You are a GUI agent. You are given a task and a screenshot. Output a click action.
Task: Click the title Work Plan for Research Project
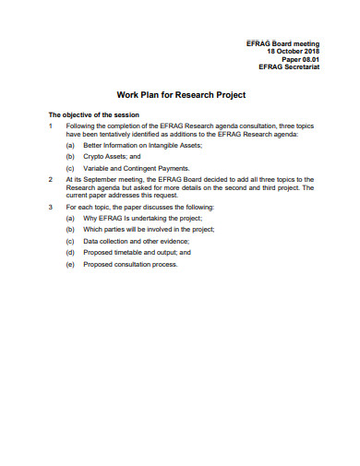click(180, 95)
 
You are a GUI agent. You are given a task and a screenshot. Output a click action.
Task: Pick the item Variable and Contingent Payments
click(137, 168)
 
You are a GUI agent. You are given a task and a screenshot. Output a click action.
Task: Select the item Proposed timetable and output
click(135, 252)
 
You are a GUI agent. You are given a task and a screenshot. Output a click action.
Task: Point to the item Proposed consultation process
click(129, 264)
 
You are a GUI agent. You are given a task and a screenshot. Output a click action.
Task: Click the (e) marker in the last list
click(70, 264)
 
